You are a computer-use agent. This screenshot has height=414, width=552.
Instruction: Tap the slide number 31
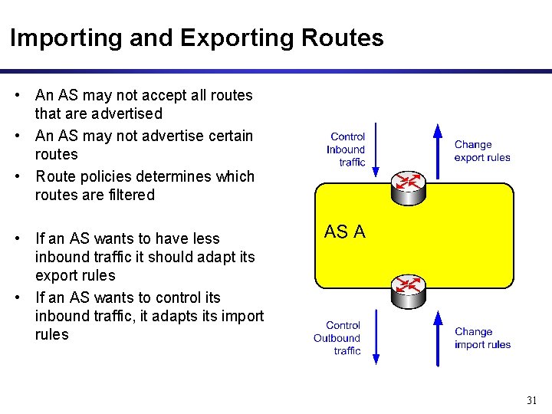pos(531,400)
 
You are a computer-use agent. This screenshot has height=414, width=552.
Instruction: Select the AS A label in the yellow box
pos(345,231)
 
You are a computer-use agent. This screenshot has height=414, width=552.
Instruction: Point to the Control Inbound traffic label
pos(347,149)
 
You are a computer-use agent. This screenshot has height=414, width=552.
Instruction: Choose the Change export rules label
pos(481,150)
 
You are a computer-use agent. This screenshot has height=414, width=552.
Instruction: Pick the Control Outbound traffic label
pos(337,338)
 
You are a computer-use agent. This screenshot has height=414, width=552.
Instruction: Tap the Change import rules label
pos(482,338)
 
